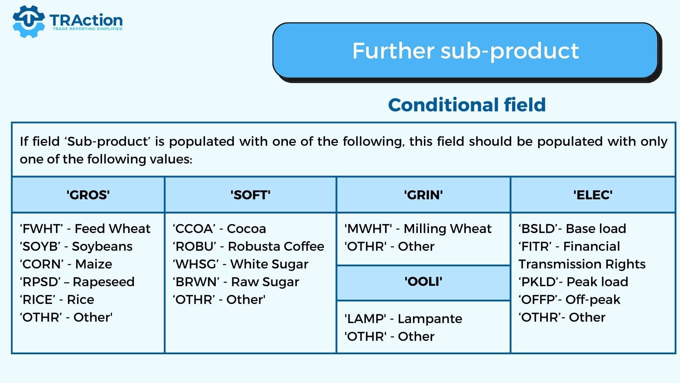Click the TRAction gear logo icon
pos(29,21)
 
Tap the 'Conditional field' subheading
pos(467,105)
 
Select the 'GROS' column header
pos(88,195)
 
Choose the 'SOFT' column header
pos(250,195)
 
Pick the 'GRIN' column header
pos(423,195)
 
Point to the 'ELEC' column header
pos(593,195)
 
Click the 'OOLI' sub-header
pos(423,282)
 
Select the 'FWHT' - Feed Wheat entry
pos(85,229)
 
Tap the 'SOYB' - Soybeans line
pos(76,246)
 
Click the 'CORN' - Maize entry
pos(66,264)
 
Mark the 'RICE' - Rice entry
pos(57,300)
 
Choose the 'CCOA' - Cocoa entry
pos(219,229)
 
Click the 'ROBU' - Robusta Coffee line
pos(248,246)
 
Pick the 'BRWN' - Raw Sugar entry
pos(236,282)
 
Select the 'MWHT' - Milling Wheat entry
pos(418,229)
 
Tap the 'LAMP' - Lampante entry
pos(403,319)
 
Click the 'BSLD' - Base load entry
pos(572,229)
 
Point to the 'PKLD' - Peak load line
pos(573,282)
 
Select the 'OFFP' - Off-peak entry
pos(569,300)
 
